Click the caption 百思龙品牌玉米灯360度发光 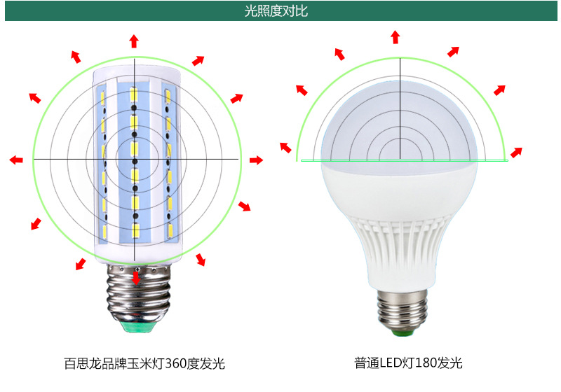pos(144,364)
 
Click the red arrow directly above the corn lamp pos(134,40)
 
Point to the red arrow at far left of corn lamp pos(15,160)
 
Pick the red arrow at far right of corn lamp pos(256,160)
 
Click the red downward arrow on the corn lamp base pos(135,279)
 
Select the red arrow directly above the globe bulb pos(396,36)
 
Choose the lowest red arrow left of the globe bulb pos(285,146)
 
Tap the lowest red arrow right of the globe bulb pos(516,152)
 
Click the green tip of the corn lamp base pos(134,326)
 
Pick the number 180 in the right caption pos(425,364)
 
